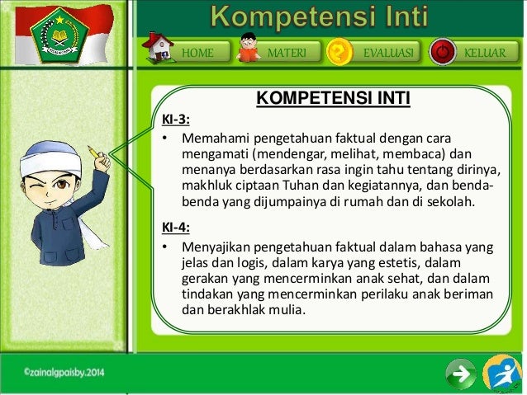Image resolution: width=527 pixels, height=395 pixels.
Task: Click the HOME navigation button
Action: [197, 53]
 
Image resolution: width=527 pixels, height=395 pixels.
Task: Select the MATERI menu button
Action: [287, 53]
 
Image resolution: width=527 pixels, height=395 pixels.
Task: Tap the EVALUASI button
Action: [388, 53]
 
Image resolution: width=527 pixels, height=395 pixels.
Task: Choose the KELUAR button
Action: [484, 53]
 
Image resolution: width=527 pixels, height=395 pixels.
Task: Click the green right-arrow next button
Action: [460, 374]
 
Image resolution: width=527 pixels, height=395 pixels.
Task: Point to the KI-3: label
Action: [175, 118]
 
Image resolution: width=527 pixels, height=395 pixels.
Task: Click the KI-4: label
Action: [175, 228]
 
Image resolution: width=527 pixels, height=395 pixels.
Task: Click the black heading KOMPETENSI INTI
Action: [333, 101]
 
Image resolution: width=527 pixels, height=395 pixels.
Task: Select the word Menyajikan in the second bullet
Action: [216, 247]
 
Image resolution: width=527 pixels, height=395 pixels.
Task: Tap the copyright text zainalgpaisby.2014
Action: [64, 373]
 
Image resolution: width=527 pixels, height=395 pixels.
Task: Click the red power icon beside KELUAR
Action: [444, 52]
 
